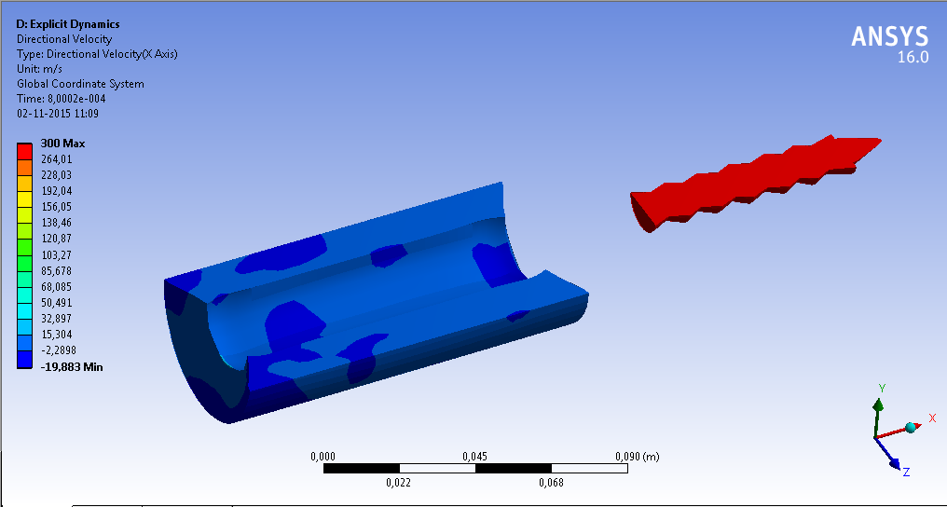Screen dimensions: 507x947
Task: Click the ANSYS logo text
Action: tap(889, 36)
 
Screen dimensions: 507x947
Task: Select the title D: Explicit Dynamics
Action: tap(68, 24)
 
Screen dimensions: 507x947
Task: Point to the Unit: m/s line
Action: tap(40, 69)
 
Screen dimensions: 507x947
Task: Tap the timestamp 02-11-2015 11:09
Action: tap(58, 114)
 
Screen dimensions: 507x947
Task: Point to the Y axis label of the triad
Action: tap(882, 387)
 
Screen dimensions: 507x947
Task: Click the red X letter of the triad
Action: tap(931, 418)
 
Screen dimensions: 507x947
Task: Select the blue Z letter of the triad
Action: tap(906, 473)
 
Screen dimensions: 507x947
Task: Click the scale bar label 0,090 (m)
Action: tap(637, 457)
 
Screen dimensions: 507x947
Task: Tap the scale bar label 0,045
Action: tap(475, 457)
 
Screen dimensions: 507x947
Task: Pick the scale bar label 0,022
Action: tap(399, 482)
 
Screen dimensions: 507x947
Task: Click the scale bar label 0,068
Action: tap(551, 482)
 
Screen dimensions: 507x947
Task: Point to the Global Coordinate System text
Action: tap(80, 84)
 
